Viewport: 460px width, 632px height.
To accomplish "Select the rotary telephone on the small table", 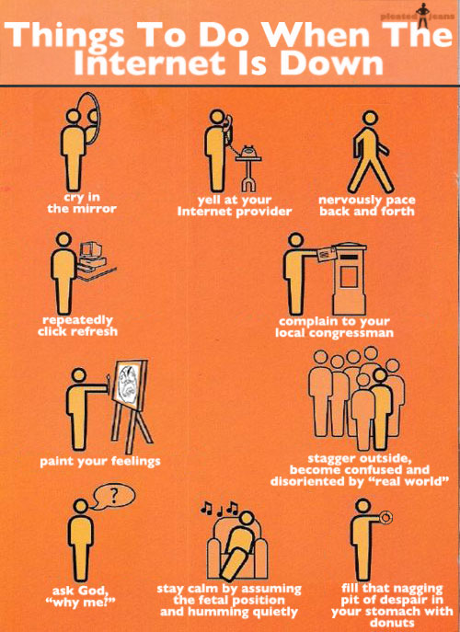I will tap(247, 150).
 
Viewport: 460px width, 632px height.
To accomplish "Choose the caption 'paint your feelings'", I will tap(99, 460).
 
